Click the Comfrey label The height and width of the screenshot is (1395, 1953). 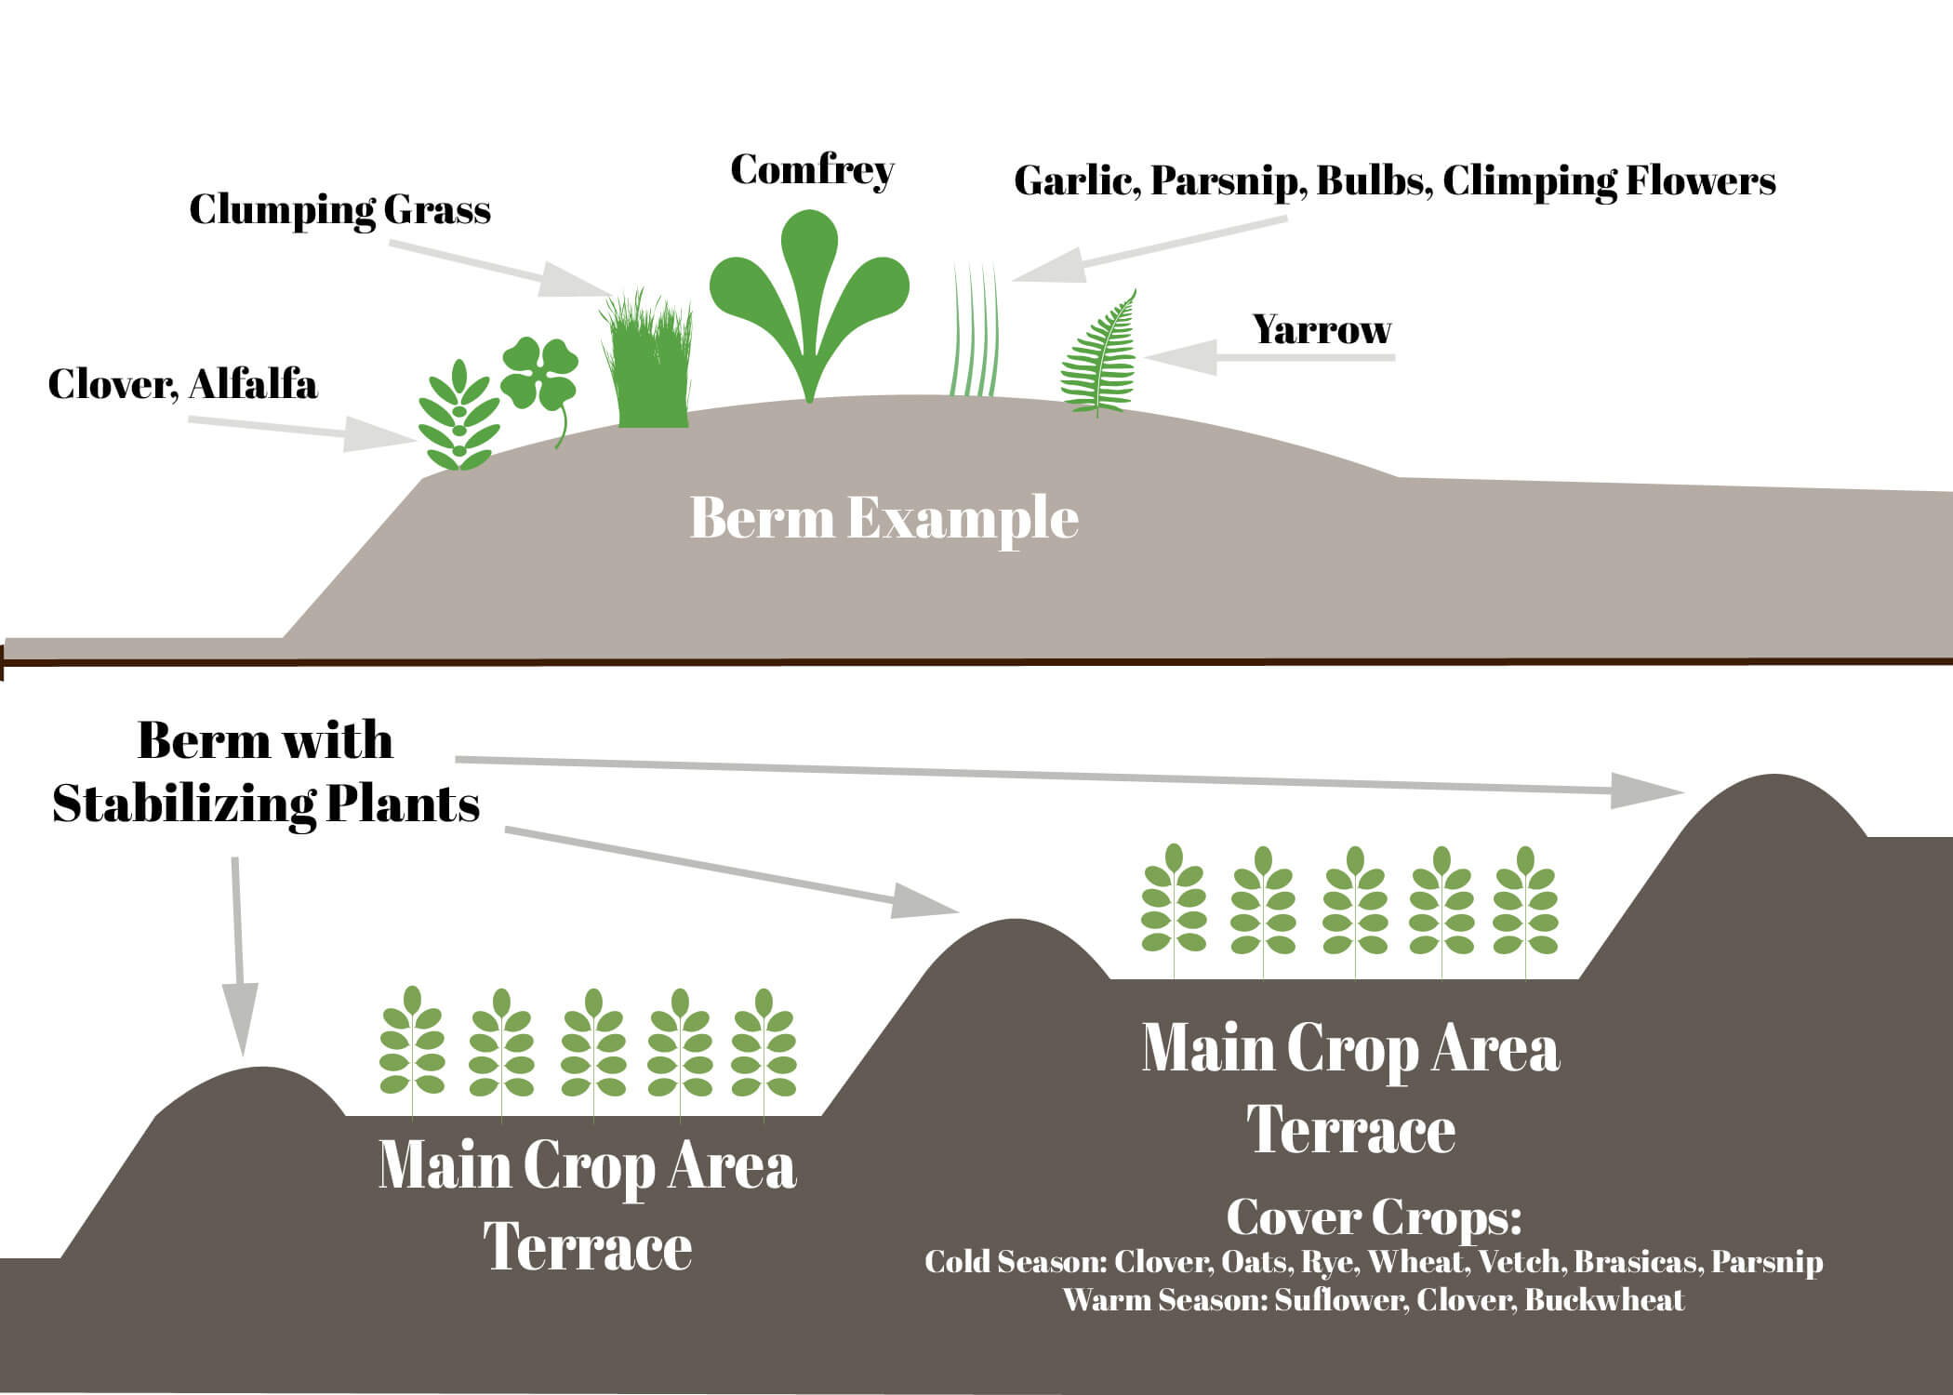tap(812, 171)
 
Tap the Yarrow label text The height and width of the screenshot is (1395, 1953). tap(1321, 330)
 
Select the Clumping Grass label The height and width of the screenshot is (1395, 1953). tap(339, 210)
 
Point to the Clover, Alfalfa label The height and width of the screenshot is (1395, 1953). tap(182, 384)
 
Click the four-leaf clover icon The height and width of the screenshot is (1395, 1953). tap(540, 377)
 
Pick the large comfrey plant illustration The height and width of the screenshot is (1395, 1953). tap(809, 298)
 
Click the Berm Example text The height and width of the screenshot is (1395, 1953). tap(883, 518)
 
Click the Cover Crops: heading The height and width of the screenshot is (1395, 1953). tap(1373, 1216)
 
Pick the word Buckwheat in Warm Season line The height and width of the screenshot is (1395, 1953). tap(1604, 1299)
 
